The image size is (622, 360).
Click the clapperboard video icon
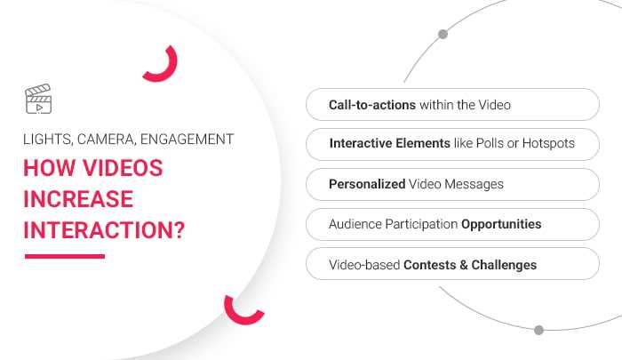(x=38, y=100)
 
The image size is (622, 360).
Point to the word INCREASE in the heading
(x=78, y=199)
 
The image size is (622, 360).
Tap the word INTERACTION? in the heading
(x=104, y=229)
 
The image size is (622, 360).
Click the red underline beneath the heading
(x=64, y=256)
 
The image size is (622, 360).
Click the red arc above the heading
(x=163, y=66)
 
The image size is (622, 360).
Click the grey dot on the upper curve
(x=443, y=35)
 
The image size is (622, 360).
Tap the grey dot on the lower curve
(x=538, y=330)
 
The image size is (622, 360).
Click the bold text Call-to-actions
(x=372, y=105)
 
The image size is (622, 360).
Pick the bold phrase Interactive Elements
(x=388, y=143)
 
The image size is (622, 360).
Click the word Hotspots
(x=546, y=143)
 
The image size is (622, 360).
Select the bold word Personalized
(x=367, y=184)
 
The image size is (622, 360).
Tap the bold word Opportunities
(x=501, y=224)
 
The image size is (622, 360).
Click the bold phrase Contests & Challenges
(x=470, y=265)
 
